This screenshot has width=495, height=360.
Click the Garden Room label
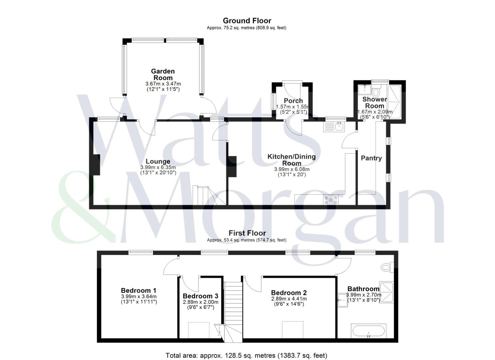pyautogui.click(x=163, y=74)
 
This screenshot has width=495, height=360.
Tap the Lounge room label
pyautogui.click(x=158, y=161)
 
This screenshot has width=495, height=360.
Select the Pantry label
pyautogui.click(x=371, y=158)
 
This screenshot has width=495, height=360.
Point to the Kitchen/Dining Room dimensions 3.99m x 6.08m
pyautogui.click(x=292, y=169)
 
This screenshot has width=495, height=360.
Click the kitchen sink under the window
pyautogui.click(x=334, y=127)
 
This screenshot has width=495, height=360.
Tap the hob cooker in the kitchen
pyautogui.click(x=331, y=200)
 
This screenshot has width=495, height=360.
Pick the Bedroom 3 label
pyautogui.click(x=200, y=296)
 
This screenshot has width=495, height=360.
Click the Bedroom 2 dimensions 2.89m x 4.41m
pyautogui.click(x=289, y=299)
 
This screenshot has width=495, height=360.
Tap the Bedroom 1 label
pyautogui.click(x=139, y=290)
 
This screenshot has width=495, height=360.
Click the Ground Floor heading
pyautogui.click(x=247, y=21)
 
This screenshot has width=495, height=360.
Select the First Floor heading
pyautogui.click(x=247, y=233)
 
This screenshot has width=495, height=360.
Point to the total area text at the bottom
pyautogui.click(x=246, y=355)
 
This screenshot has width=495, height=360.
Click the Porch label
pyautogui.click(x=293, y=101)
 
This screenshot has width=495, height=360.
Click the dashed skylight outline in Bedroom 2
pyautogui.click(x=293, y=330)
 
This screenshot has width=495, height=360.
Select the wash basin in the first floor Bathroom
pyautogui.click(x=343, y=300)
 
